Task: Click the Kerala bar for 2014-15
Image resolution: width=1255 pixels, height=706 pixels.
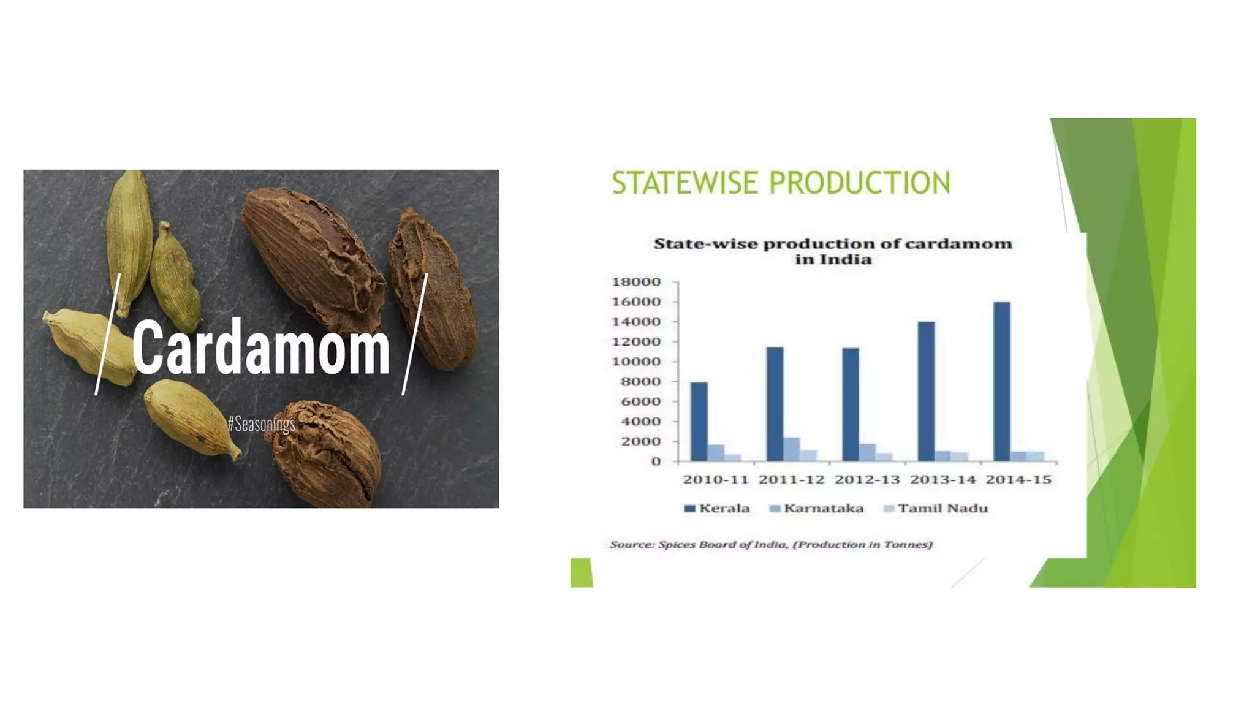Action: pos(1001,381)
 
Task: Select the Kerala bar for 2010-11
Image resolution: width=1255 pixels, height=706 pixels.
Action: pos(699,422)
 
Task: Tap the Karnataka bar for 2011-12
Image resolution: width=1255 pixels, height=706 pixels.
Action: pos(791,449)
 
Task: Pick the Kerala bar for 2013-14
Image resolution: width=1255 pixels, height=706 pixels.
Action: pos(926,391)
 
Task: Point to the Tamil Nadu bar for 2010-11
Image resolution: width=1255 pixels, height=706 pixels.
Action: pos(733,457)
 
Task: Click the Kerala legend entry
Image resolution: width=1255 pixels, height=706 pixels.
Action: pos(717,509)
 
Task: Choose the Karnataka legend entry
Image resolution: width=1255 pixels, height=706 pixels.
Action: pos(816,509)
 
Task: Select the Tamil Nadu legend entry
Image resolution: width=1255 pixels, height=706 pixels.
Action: pos(936,509)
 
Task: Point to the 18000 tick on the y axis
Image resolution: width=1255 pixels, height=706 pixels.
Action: pos(636,282)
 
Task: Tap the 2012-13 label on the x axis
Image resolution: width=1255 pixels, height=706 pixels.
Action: pos(867,480)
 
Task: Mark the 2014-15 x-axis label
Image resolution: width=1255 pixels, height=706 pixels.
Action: pos(1018,480)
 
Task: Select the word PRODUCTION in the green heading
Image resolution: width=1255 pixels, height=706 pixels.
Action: pos(859,183)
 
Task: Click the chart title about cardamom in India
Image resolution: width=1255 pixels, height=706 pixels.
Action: pos(833,251)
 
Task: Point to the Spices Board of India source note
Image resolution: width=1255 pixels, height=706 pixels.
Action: pos(771,544)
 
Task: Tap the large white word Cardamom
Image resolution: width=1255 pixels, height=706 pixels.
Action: pos(260,347)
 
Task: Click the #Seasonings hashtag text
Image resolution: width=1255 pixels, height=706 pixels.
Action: pos(262,423)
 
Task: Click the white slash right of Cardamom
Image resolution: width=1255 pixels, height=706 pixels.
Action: pos(415,334)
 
